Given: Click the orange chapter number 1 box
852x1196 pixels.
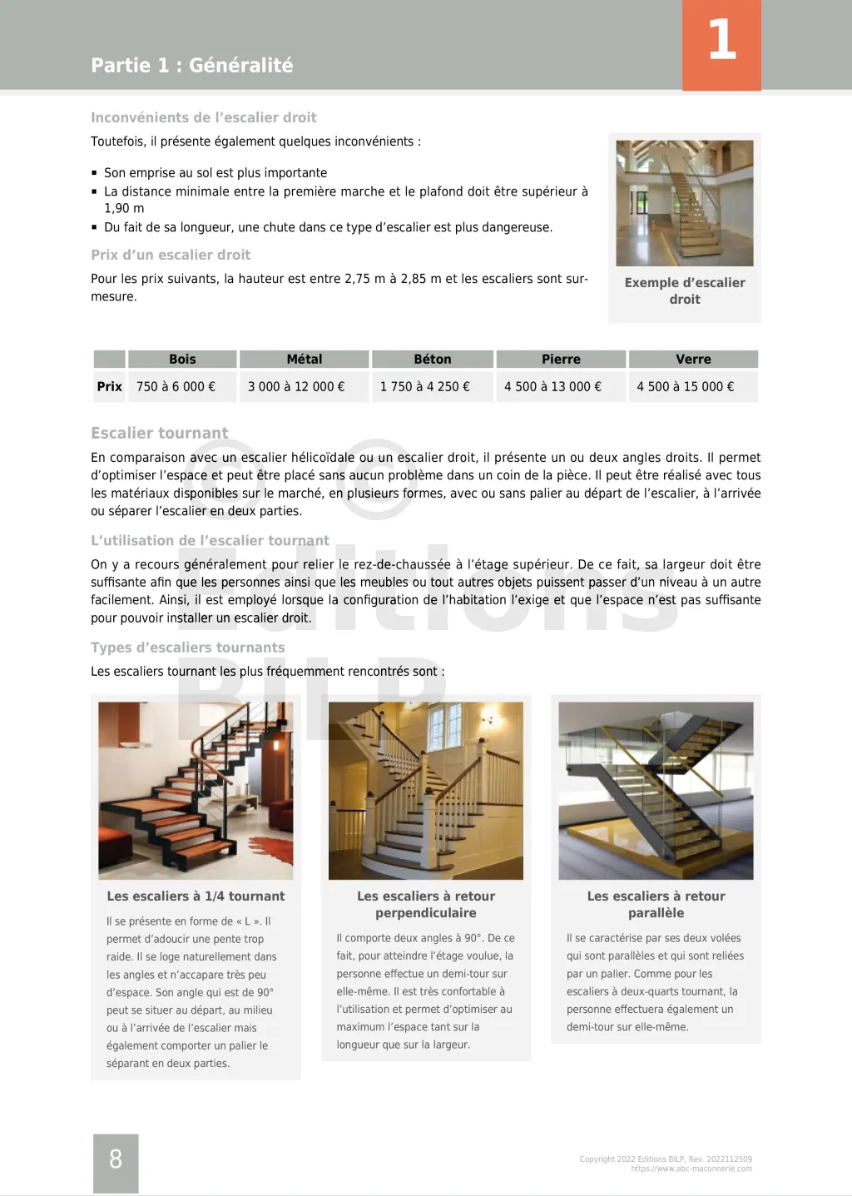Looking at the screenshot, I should [x=721, y=44].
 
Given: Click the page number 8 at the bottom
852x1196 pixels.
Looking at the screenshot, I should [x=116, y=1159].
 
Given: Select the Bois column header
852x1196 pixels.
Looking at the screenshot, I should [x=182, y=360].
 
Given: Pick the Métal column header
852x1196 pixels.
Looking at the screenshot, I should [x=304, y=360].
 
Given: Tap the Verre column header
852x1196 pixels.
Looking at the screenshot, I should [x=693, y=360].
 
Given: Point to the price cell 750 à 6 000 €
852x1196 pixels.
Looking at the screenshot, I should [x=176, y=387].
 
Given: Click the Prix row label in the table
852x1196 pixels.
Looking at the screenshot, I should [x=109, y=387].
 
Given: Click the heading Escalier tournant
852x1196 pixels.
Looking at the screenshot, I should [x=159, y=434].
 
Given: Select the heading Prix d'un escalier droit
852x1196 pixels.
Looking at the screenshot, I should [x=171, y=256].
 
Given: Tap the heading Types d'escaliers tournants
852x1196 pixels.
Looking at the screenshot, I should [x=187, y=648].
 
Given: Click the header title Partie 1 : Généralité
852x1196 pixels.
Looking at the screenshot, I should [x=191, y=66].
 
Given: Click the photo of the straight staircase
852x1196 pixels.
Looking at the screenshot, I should [x=684, y=203].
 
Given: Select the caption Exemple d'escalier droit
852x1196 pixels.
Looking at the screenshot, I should [x=685, y=291].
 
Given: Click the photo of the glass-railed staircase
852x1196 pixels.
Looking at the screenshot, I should [x=656, y=791].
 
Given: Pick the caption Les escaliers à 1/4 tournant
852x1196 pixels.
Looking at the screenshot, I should [x=196, y=896].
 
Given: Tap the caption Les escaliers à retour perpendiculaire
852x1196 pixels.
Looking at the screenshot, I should [x=426, y=905].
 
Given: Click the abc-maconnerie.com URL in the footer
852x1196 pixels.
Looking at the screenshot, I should [x=691, y=1169].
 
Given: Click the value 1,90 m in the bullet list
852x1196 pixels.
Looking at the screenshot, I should [x=124, y=209].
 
